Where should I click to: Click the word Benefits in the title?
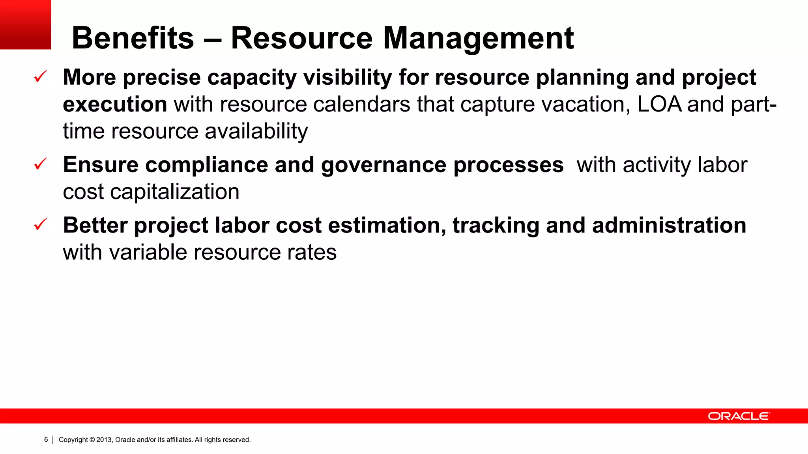pyautogui.click(x=133, y=38)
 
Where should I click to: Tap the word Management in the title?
pyautogui.click(x=478, y=38)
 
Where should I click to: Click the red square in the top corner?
pyautogui.click(x=25, y=24)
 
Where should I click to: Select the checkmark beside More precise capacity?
pyautogui.click(x=41, y=76)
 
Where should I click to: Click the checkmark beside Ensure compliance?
pyautogui.click(x=41, y=164)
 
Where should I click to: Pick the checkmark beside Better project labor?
pyautogui.click(x=41, y=225)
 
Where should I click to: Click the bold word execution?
pyautogui.click(x=115, y=104)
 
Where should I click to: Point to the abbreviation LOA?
pyautogui.click(x=659, y=104)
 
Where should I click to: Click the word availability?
pyautogui.click(x=256, y=131)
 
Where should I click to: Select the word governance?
pyautogui.click(x=383, y=165)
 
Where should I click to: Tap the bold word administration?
pyautogui.click(x=669, y=225)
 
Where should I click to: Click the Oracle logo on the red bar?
pyautogui.click(x=738, y=416)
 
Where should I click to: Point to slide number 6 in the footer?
pyautogui.click(x=46, y=439)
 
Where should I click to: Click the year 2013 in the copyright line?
pyautogui.click(x=104, y=440)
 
